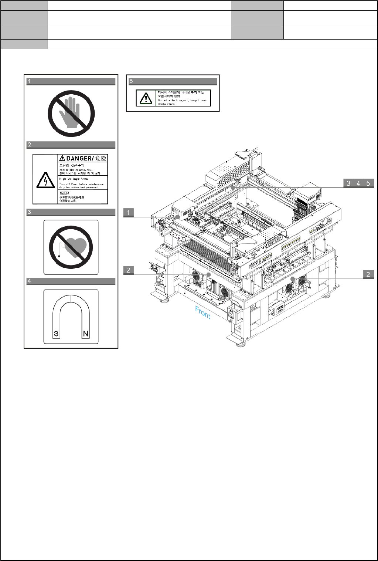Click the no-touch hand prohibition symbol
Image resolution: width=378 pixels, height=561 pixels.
(71, 114)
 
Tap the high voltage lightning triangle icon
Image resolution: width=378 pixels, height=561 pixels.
(45, 180)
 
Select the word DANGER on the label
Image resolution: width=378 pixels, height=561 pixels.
(80, 158)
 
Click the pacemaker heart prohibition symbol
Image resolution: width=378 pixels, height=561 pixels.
(71, 247)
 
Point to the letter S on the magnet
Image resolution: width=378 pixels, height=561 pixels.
(56, 334)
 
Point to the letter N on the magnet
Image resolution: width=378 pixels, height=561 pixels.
(86, 334)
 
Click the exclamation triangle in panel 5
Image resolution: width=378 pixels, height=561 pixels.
(146, 98)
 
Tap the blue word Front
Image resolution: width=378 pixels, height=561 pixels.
(203, 312)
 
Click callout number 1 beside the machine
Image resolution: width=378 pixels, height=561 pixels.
(128, 213)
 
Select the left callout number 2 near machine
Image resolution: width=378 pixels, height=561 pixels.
(128, 270)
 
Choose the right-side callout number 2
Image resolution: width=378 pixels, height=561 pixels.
(368, 274)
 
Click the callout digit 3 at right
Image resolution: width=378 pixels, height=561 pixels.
(348, 183)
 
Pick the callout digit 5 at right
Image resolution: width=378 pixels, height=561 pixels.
(368, 183)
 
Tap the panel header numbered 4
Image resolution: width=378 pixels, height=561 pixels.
(71, 281)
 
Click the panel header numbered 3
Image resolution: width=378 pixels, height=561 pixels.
(71, 212)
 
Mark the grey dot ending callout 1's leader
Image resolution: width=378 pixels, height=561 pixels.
(178, 217)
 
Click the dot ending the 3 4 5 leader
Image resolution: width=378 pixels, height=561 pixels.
(233, 188)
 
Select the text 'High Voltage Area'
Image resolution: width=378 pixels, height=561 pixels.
(74, 179)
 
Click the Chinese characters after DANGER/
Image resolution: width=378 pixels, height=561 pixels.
(101, 158)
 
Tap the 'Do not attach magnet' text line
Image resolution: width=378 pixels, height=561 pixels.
(182, 100)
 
